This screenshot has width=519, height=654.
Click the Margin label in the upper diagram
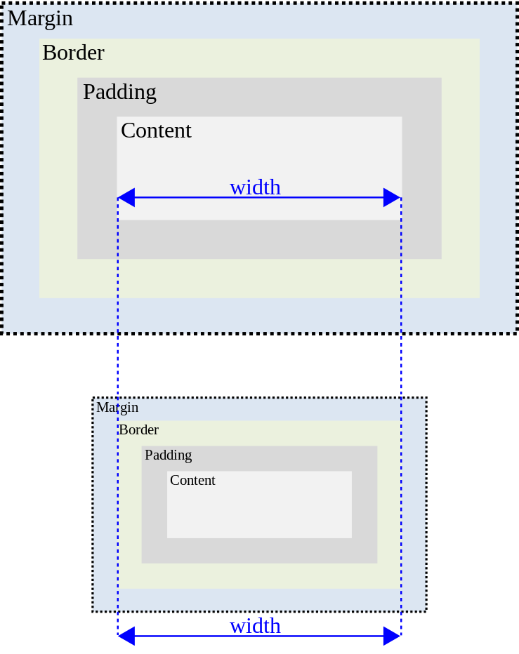pyautogui.click(x=40, y=19)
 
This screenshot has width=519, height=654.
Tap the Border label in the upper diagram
pyautogui.click(x=73, y=53)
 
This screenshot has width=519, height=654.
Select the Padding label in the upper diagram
pyautogui.click(x=119, y=92)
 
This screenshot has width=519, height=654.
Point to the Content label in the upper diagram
pyautogui.click(x=156, y=131)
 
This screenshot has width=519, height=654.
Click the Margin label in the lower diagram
pyautogui.click(x=117, y=408)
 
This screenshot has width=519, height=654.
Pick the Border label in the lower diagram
pyautogui.click(x=138, y=430)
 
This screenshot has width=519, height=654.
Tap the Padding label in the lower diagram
pyautogui.click(x=168, y=455)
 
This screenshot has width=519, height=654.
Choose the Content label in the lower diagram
pyautogui.click(x=192, y=481)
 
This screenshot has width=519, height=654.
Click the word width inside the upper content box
pyautogui.click(x=255, y=187)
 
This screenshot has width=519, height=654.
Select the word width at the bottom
pyautogui.click(x=255, y=625)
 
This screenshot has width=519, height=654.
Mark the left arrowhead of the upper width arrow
pyautogui.click(x=126, y=198)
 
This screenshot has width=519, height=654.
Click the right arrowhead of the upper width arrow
pyautogui.click(x=392, y=198)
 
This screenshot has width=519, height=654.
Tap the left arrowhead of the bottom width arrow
pyautogui.click(x=126, y=636)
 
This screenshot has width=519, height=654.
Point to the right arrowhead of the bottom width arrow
pyautogui.click(x=392, y=636)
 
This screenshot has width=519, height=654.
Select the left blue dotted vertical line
pyautogui.click(x=117, y=365)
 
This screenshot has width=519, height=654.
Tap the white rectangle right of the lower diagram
pyautogui.click(x=473, y=413)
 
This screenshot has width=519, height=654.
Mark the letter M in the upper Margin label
pyautogui.click(x=15, y=19)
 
